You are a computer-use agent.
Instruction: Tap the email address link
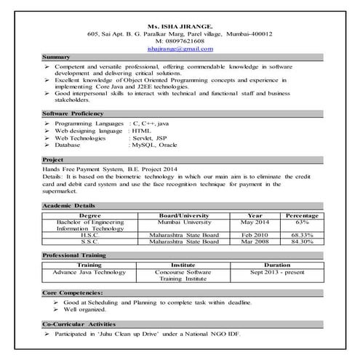click(180, 49)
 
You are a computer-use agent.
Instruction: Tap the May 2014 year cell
click(255, 222)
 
